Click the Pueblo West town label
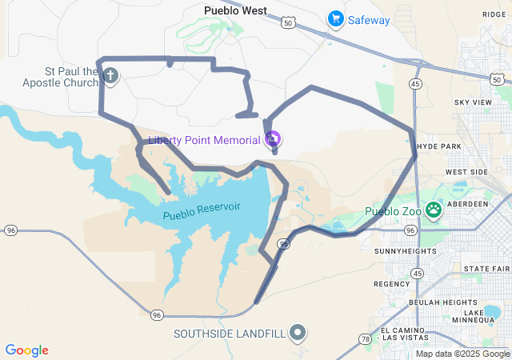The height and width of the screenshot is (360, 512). (234, 10)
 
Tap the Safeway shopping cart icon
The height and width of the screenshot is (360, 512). (336, 19)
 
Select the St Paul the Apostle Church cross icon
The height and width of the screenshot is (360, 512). (110, 77)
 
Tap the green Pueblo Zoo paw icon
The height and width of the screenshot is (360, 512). (434, 211)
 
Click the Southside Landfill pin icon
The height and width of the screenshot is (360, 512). (298, 332)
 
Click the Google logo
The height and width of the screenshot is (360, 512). (26, 350)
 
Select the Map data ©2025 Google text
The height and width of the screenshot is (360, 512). (462, 354)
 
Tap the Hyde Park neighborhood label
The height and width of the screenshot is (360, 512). (440, 147)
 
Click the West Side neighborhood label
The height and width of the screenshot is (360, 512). (466, 172)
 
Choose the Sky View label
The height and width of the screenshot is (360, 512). (473, 102)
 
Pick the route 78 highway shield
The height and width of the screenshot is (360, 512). (366, 339)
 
